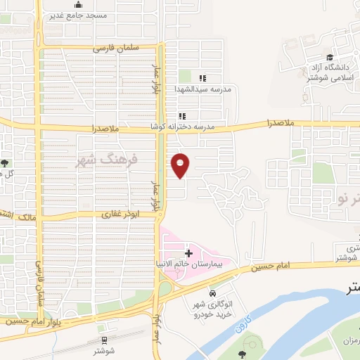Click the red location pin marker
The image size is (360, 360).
tap(181, 165)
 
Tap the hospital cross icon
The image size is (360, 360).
tap(188, 252)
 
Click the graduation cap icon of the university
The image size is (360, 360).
tap(329, 58)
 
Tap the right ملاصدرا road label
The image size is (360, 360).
tap(281, 122)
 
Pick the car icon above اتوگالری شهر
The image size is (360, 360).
tap(212, 292)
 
